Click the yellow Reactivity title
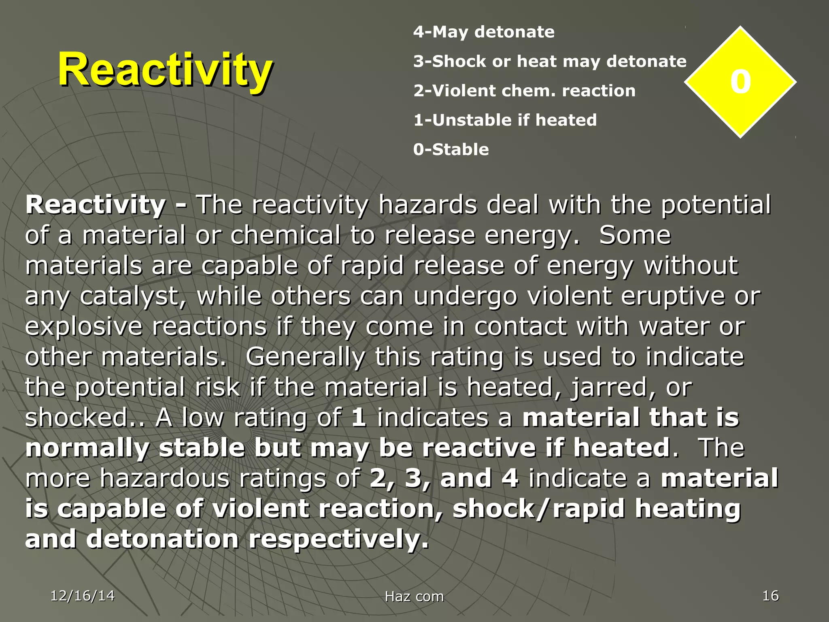165,70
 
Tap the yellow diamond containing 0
740,82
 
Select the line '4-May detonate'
484,32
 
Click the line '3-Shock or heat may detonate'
550,62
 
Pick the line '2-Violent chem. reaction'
524,91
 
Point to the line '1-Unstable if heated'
505,120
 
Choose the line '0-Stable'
451,149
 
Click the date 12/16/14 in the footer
83,596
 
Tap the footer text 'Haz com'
414,596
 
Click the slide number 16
770,596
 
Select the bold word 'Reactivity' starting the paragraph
96,204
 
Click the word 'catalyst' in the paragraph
133,296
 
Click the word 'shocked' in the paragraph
76,418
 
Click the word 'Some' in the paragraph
635,235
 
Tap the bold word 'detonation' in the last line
162,539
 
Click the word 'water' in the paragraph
674,326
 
